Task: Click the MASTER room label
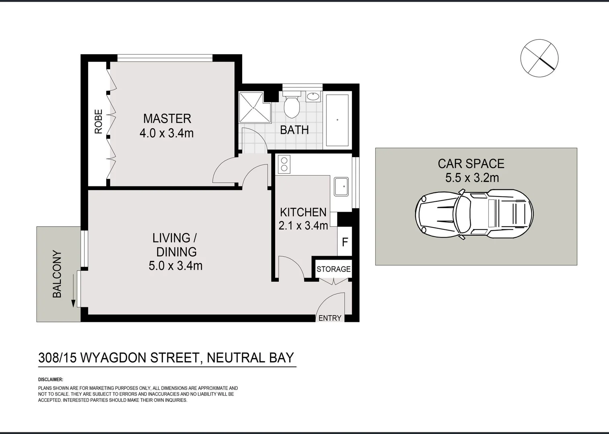tap(167, 119)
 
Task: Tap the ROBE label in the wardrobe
tap(99, 122)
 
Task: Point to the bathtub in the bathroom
tap(337, 120)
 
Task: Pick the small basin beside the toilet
tap(313, 96)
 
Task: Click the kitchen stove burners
tap(284, 164)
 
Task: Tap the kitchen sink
tap(342, 186)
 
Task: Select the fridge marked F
tap(345, 242)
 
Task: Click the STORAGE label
tap(333, 269)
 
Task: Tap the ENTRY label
tap(330, 318)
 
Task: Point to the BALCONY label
tap(58, 274)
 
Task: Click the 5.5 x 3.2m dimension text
tap(472, 178)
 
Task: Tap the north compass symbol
tap(539, 57)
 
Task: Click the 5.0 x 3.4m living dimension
tap(175, 266)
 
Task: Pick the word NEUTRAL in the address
tap(235, 357)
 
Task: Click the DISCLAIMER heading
tap(51, 379)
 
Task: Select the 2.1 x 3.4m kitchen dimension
tap(303, 226)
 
